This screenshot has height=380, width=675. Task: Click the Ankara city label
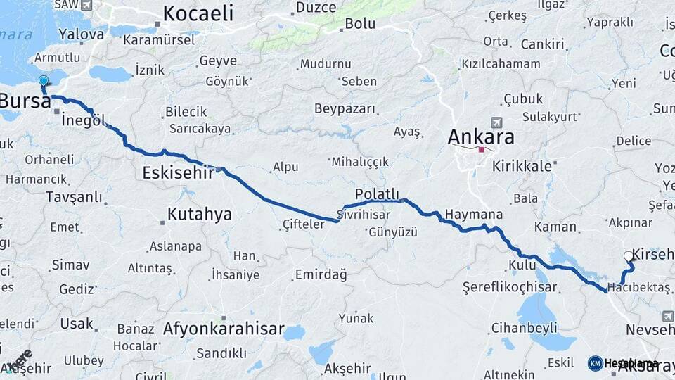click(481, 137)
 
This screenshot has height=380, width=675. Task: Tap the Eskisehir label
click(178, 172)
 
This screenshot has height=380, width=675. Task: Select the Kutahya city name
click(200, 214)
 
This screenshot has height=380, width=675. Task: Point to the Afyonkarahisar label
click(224, 329)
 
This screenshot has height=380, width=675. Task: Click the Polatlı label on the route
click(377, 194)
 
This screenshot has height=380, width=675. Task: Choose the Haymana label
click(474, 215)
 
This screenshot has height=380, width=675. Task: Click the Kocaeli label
click(198, 13)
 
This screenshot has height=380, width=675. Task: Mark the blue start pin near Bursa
click(44, 82)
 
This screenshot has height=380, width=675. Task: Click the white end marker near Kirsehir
click(629, 256)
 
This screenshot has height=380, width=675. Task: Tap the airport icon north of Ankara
click(498, 122)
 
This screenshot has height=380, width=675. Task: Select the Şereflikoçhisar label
click(510, 287)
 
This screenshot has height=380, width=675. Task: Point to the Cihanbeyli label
click(524, 327)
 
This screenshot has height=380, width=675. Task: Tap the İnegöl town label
click(83, 120)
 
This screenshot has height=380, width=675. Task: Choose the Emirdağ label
click(321, 274)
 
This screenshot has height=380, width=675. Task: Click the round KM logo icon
click(596, 363)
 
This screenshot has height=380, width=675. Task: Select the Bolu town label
click(360, 24)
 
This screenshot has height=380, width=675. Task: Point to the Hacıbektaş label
click(640, 287)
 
